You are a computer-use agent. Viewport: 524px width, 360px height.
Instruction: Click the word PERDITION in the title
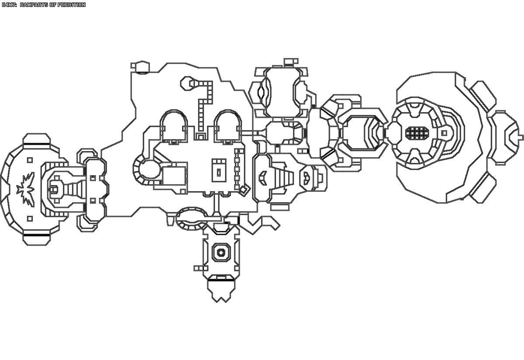(70, 5)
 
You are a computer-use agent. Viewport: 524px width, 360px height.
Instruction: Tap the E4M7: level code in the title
(9, 5)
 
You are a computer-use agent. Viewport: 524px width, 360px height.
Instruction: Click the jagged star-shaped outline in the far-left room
(26, 189)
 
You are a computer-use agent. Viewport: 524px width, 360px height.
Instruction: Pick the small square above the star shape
(30, 159)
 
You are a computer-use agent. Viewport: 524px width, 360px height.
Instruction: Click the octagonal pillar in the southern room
(221, 252)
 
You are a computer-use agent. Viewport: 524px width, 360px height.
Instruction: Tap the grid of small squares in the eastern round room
(415, 132)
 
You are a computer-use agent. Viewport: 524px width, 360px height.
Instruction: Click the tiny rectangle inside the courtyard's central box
(219, 172)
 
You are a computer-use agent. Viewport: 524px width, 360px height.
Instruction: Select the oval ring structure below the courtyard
(192, 218)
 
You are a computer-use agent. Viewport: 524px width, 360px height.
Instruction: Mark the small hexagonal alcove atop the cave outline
(141, 66)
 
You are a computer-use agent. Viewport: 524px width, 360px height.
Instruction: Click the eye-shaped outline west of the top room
(260, 93)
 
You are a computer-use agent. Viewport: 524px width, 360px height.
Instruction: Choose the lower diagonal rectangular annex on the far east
(483, 187)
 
